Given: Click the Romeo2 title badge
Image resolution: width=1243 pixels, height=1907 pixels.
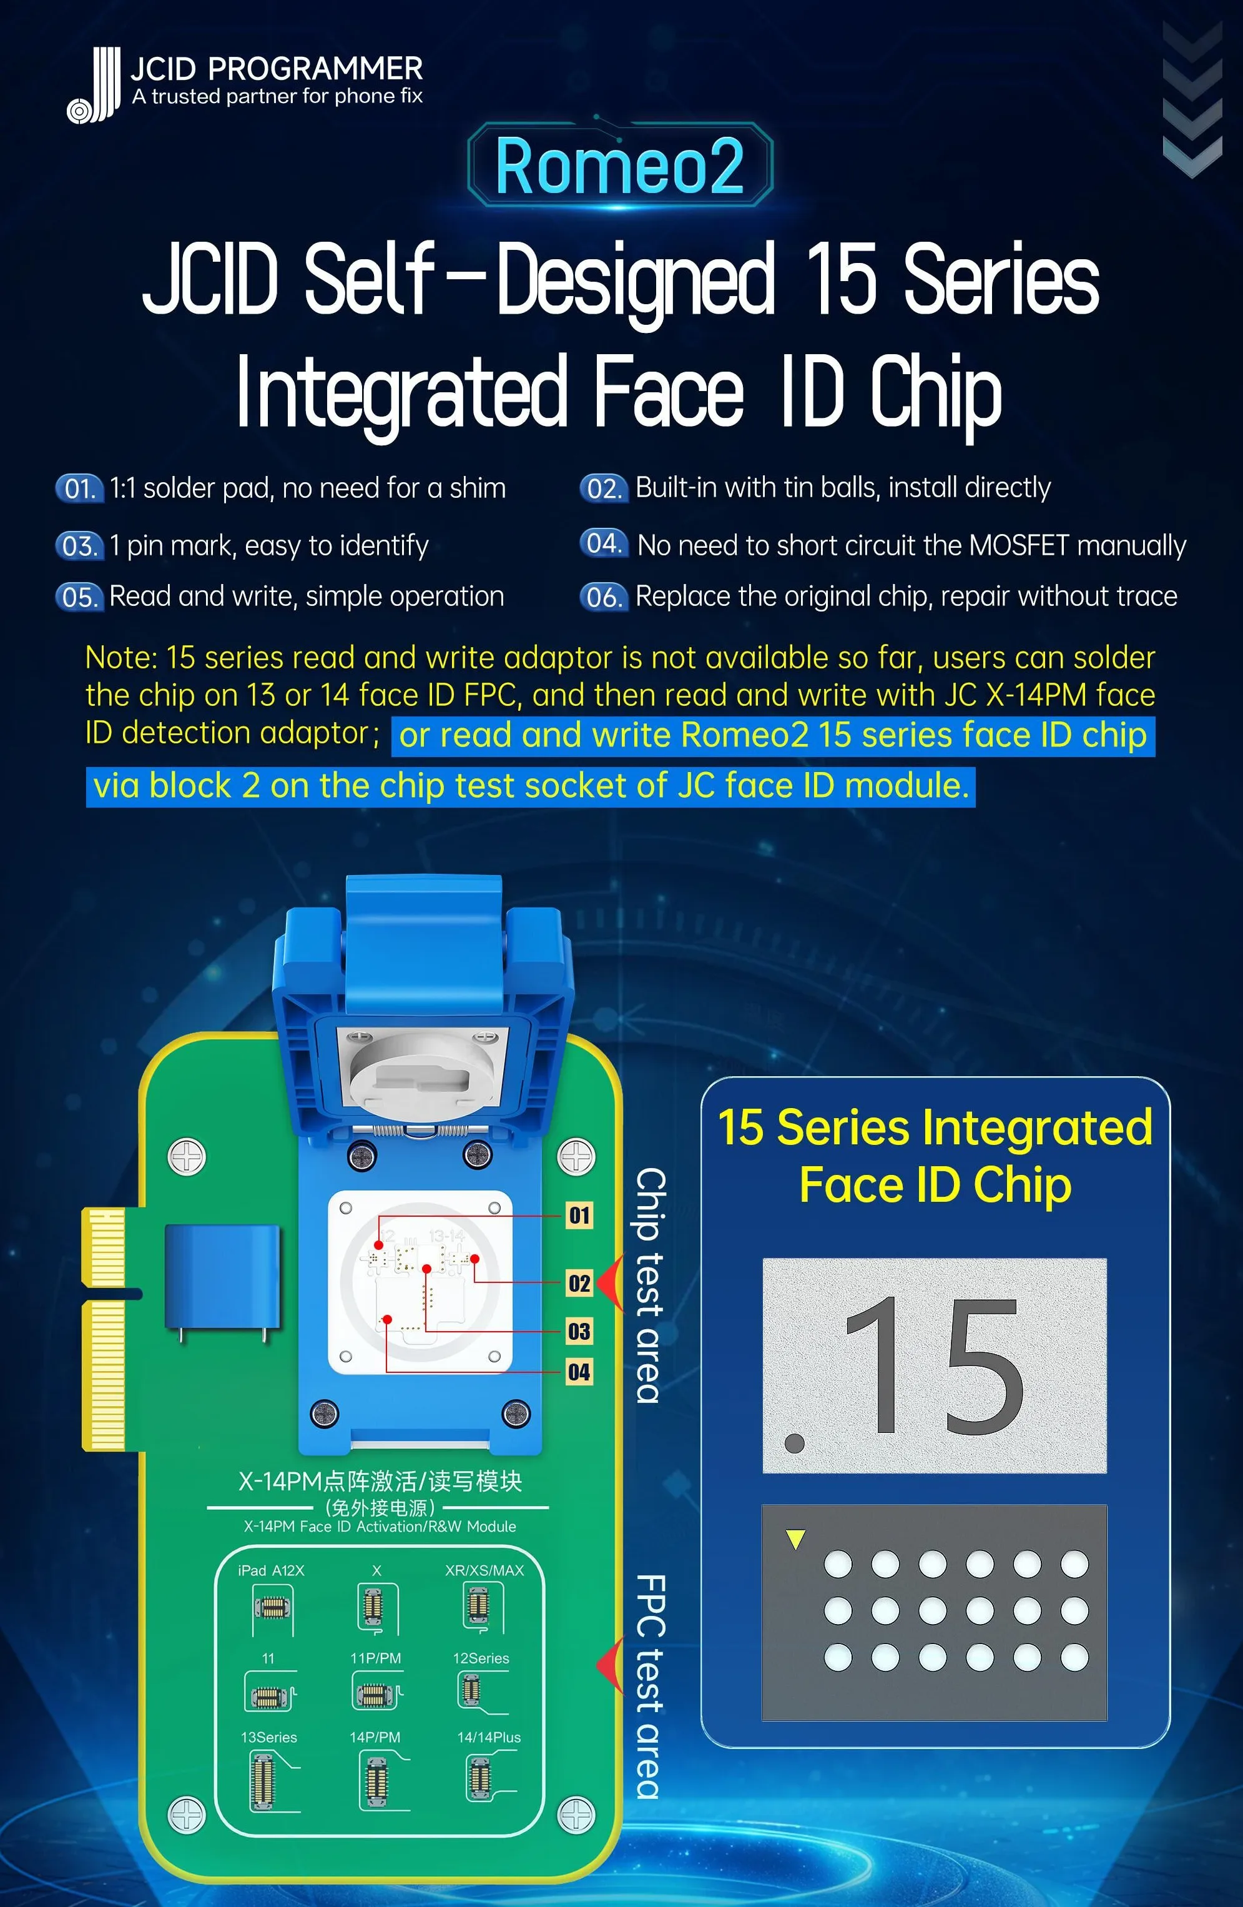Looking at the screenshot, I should point(620,165).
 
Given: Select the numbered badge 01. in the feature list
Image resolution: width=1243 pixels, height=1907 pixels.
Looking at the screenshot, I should point(79,488).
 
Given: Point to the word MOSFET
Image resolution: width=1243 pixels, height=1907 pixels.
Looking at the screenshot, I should point(1019,546).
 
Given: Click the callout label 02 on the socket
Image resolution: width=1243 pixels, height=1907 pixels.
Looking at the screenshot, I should point(579,1284).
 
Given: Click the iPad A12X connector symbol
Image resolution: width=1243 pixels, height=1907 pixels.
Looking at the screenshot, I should point(272,1608).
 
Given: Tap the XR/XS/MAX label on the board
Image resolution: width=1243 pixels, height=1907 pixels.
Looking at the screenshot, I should point(484,1570).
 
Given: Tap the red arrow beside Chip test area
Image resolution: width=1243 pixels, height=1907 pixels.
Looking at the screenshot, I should point(611,1284).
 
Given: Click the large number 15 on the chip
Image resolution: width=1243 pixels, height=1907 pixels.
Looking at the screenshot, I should point(934,1367).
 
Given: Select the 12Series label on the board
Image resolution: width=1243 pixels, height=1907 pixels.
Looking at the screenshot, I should point(481,1658).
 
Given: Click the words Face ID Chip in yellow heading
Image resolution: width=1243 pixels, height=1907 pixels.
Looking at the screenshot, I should point(935,1185).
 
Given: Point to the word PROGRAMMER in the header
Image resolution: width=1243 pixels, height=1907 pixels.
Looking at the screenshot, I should point(315,69).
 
